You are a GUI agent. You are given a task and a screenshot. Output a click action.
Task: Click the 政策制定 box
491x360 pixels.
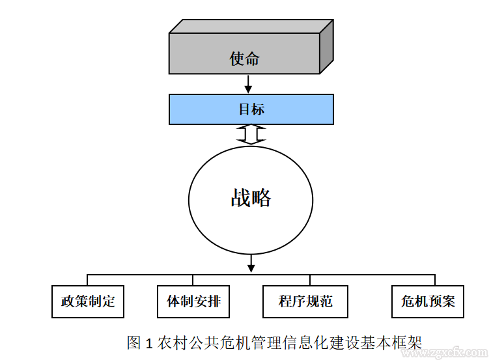point(88,301)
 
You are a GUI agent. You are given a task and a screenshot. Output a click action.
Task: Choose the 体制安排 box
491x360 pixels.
point(193,301)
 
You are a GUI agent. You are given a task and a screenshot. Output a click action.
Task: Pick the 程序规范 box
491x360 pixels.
point(305,301)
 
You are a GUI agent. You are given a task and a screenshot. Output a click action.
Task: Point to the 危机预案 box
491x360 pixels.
point(428,301)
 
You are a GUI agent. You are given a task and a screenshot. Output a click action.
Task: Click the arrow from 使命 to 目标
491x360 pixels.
point(247,84)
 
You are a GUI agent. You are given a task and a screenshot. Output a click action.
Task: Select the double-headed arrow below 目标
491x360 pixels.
point(251,135)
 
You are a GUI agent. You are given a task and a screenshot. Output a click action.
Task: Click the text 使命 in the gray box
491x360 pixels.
point(245,59)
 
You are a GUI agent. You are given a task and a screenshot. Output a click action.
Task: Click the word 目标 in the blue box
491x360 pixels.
point(251,109)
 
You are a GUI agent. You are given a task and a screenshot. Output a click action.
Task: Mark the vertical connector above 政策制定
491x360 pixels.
point(88,280)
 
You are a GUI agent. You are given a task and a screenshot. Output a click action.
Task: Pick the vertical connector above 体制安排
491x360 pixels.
point(193,280)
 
